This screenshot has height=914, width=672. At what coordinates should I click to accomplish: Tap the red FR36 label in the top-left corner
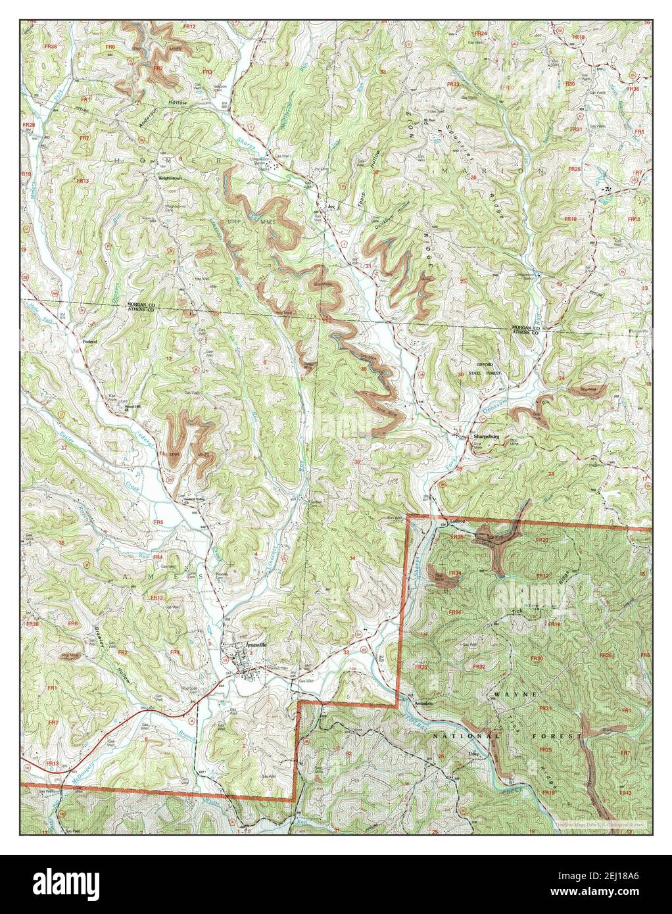pos(49,46)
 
